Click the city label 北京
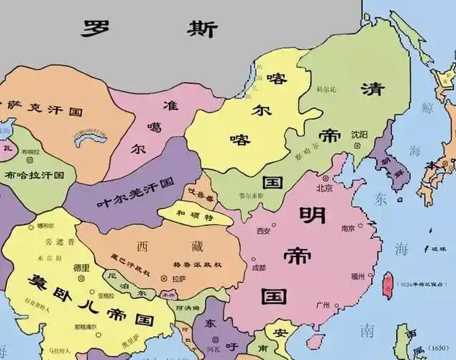(x=324, y=188)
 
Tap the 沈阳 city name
(x=358, y=135)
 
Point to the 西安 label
(x=264, y=231)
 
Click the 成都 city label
(x=259, y=267)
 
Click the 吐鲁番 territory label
(x=200, y=196)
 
